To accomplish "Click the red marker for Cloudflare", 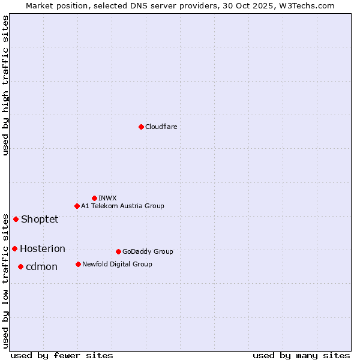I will pyautogui.click(x=141, y=127).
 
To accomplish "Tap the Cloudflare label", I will pyautogui.click(x=161, y=127).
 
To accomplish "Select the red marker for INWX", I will pyautogui.click(x=94, y=198).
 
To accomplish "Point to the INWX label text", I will pyautogui.click(x=107, y=199).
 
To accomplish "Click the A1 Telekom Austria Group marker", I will pyautogui.click(x=77, y=206).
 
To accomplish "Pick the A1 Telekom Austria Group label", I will pyautogui.click(x=122, y=206).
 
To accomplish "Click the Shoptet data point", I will pyautogui.click(x=16, y=219).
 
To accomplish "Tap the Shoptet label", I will pyautogui.click(x=40, y=220).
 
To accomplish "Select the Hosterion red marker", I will pyautogui.click(x=14, y=248).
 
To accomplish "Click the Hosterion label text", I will pyautogui.click(x=43, y=249).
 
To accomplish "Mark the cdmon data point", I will pyautogui.click(x=20, y=266).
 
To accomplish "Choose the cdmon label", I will pyautogui.click(x=41, y=267).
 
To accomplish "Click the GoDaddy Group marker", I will pyautogui.click(x=118, y=251).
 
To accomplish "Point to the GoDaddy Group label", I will pyautogui.click(x=148, y=252).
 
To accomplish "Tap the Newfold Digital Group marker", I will pyautogui.click(x=78, y=264).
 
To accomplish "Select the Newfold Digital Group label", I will pyautogui.click(x=117, y=265).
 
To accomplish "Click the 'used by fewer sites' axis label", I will pyautogui.click(x=62, y=356).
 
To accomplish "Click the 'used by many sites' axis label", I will pyautogui.click(x=301, y=356).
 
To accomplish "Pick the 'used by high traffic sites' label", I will pyautogui.click(x=5, y=85).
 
